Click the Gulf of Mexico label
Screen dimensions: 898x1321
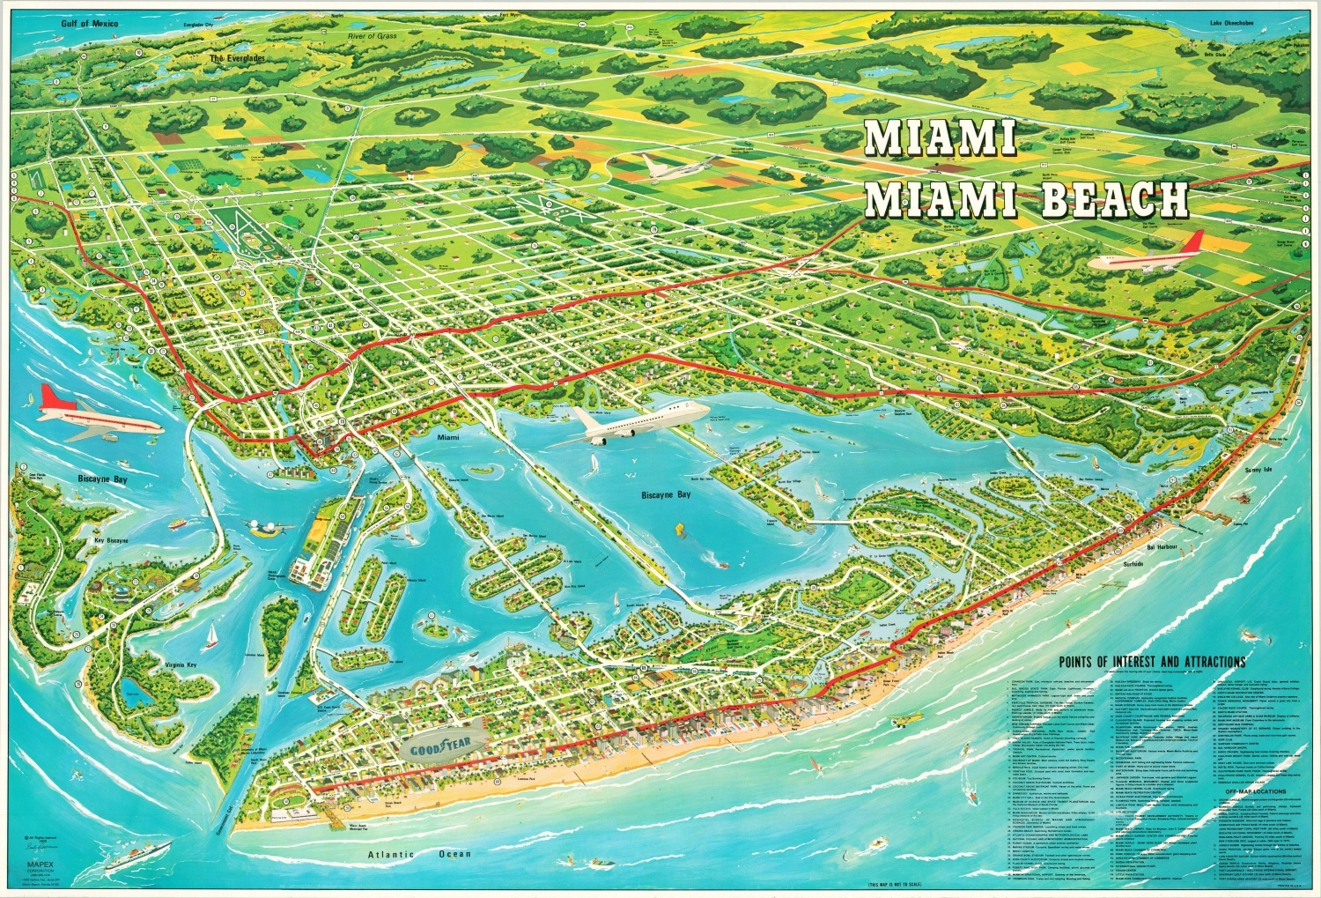(91, 24)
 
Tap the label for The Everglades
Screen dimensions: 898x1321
(236, 58)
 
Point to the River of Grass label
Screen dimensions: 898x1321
(373, 36)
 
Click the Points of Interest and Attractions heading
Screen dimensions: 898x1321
(1152, 662)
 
